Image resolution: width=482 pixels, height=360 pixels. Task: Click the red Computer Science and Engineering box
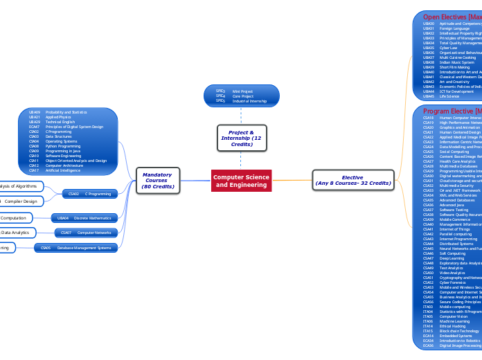pyautogui.click(x=241, y=181)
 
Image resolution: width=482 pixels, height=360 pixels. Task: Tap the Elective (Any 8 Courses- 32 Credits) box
pyautogui.click(x=352, y=180)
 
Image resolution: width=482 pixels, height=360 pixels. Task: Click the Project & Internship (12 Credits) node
pyautogui.click(x=241, y=137)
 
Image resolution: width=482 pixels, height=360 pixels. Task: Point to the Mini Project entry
pyautogui.click(x=242, y=91)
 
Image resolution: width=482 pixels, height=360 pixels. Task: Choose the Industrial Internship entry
pyautogui.click(x=249, y=101)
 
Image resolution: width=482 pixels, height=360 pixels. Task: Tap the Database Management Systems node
pyautogui.click(x=84, y=247)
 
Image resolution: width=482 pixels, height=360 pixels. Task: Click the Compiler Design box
pyautogui.click(x=21, y=201)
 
